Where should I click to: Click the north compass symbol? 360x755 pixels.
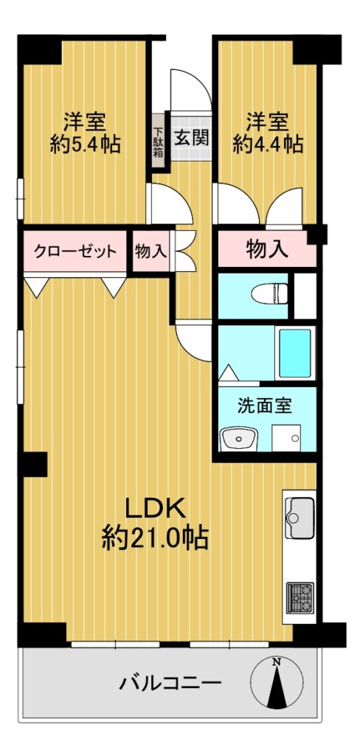277,682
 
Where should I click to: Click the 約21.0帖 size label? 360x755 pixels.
155,537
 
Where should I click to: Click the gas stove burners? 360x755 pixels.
300,597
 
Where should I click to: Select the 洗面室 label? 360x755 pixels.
265,406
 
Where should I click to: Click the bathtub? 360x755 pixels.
294,353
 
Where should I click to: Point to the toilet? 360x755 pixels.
274,293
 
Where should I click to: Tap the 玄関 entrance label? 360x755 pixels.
191,138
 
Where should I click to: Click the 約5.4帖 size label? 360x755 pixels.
86,144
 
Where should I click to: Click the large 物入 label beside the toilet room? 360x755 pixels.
267,249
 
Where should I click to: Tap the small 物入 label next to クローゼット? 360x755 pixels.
150,251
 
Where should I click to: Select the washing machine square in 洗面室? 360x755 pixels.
286,438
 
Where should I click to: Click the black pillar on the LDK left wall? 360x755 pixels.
35,465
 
